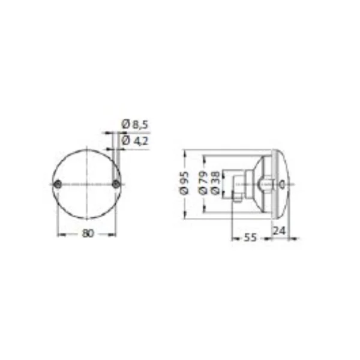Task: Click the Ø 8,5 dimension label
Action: [135, 124]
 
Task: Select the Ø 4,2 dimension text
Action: [135, 140]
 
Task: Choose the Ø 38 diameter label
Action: [215, 183]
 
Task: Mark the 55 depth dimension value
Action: [250, 238]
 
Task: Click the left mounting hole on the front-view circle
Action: [58, 183]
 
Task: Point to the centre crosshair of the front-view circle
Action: [88, 183]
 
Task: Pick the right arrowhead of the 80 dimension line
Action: [115, 235]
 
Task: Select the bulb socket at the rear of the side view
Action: [239, 185]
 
